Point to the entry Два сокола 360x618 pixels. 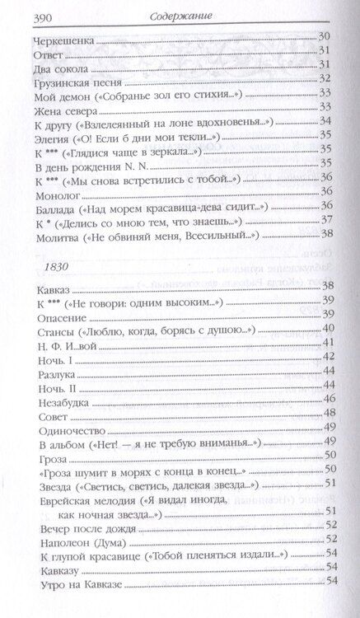58,67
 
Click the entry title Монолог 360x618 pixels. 57,194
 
